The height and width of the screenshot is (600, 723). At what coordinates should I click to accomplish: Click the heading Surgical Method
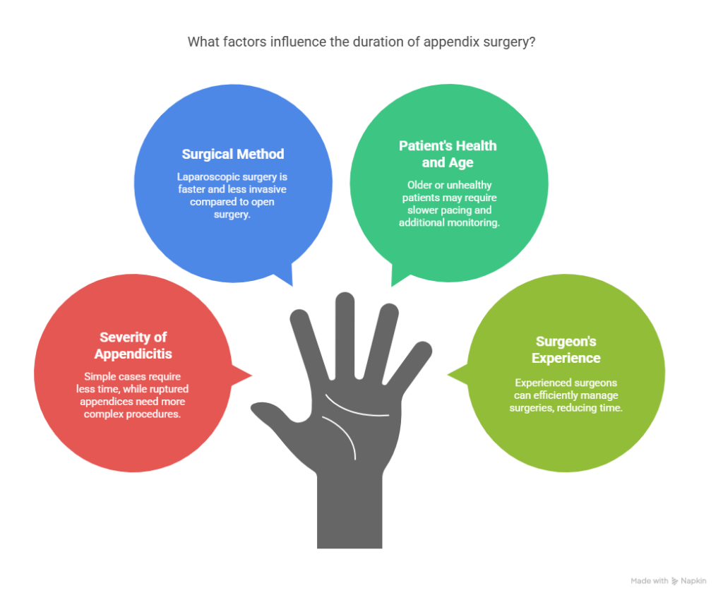[233, 154]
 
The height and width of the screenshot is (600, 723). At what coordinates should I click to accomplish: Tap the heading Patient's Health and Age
[448, 154]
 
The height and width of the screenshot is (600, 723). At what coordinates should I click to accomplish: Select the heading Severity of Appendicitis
[133, 345]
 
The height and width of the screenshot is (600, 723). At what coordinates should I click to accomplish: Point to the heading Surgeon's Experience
[566, 350]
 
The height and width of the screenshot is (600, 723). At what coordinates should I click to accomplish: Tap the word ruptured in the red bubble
[168, 389]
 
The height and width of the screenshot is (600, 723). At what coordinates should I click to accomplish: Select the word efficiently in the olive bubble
[556, 395]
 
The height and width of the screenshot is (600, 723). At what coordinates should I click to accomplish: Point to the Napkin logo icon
[674, 581]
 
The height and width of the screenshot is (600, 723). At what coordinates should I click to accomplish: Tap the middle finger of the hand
[345, 334]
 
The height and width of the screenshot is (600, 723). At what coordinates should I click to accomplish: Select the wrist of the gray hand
[349, 512]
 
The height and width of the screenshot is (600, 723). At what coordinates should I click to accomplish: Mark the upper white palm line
[355, 408]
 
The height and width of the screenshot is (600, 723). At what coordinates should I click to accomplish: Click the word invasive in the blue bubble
[268, 189]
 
